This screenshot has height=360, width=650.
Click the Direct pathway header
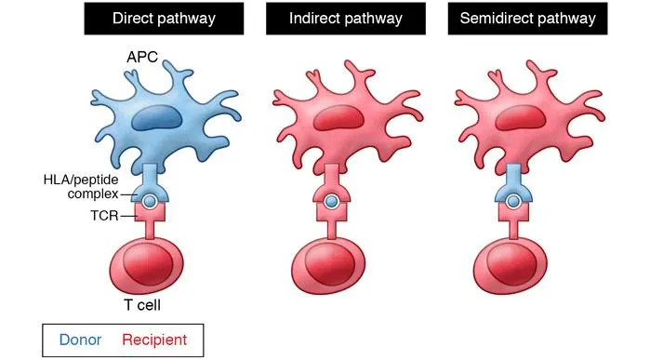click(164, 19)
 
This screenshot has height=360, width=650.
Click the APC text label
click(142, 58)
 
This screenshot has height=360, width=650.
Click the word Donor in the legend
click(76, 340)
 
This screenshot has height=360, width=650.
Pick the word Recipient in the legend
click(154, 340)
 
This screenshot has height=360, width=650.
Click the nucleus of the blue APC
click(155, 117)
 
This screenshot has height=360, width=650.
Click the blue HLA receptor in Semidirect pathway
click(511, 181)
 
